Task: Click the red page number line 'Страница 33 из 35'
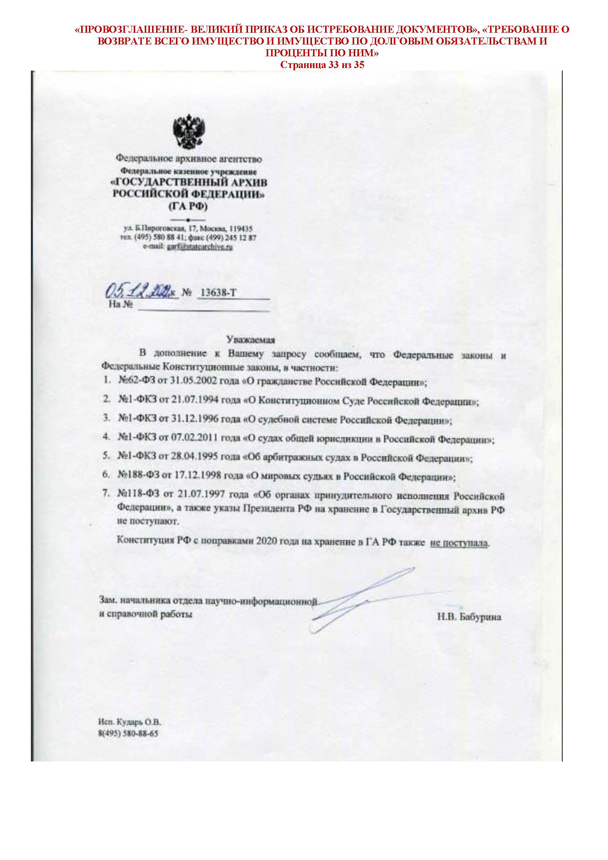click(x=322, y=65)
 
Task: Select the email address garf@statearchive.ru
click(x=200, y=247)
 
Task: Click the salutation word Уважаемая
click(x=251, y=340)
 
